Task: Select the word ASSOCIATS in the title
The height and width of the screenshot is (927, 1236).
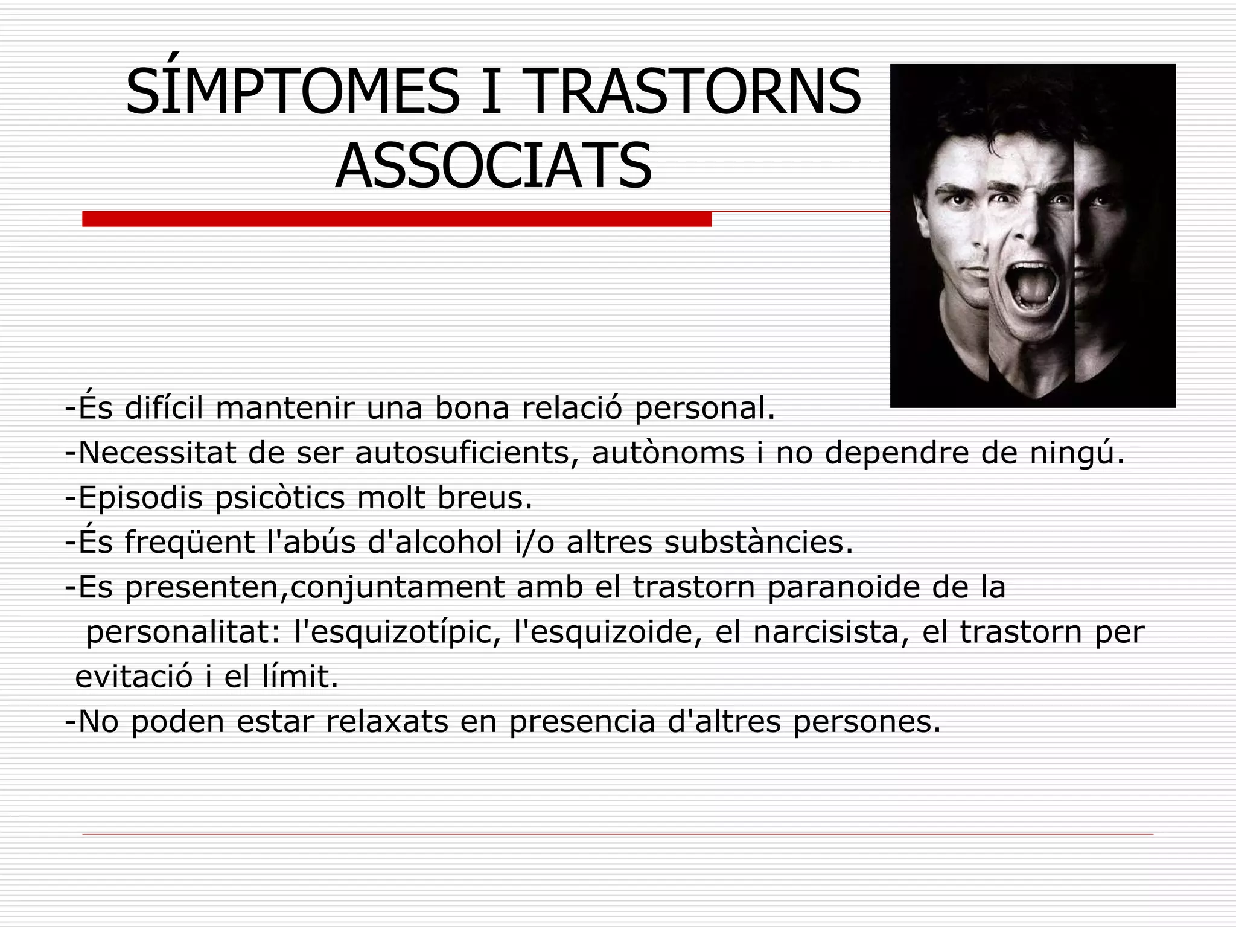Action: coord(493,165)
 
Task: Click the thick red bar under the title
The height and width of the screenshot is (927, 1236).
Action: coord(397,219)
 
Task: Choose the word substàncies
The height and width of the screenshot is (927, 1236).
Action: coord(759,542)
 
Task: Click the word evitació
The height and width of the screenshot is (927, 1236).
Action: coord(134,677)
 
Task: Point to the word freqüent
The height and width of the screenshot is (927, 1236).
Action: coord(190,542)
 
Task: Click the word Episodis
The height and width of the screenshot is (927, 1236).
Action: coord(140,498)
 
